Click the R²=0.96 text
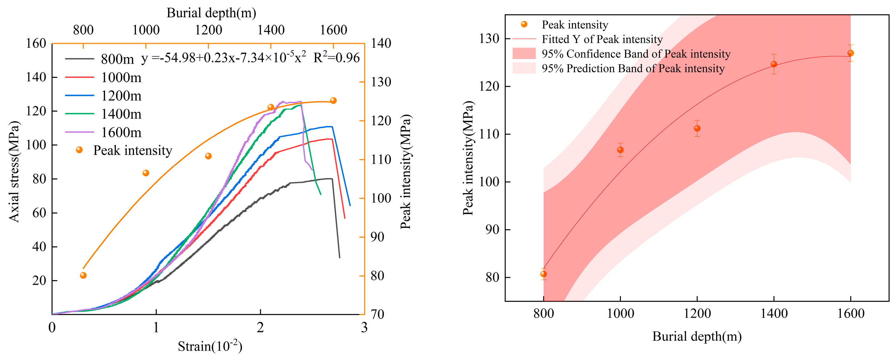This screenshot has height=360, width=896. pyautogui.click(x=336, y=57)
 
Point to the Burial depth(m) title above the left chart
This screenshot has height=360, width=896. pyautogui.click(x=211, y=13)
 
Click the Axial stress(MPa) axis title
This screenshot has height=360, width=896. pyautogui.click(x=14, y=171)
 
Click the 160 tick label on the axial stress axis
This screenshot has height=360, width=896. pyautogui.click(x=36, y=44)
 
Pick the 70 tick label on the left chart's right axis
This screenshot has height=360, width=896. pyautogui.click(x=377, y=314)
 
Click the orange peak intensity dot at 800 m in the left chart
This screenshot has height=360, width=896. pyautogui.click(x=83, y=275)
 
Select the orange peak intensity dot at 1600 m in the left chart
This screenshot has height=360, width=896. pyautogui.click(x=333, y=101)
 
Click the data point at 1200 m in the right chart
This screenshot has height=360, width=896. pyautogui.click(x=697, y=128)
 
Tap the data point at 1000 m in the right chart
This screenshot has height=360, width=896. pyautogui.click(x=620, y=150)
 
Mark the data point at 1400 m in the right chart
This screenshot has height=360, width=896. pyautogui.click(x=774, y=64)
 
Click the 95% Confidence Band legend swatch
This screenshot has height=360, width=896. pyautogui.click(x=524, y=53)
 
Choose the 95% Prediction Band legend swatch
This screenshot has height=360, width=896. pyautogui.click(x=524, y=68)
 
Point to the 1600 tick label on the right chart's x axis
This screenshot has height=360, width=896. pyautogui.click(x=850, y=314)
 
